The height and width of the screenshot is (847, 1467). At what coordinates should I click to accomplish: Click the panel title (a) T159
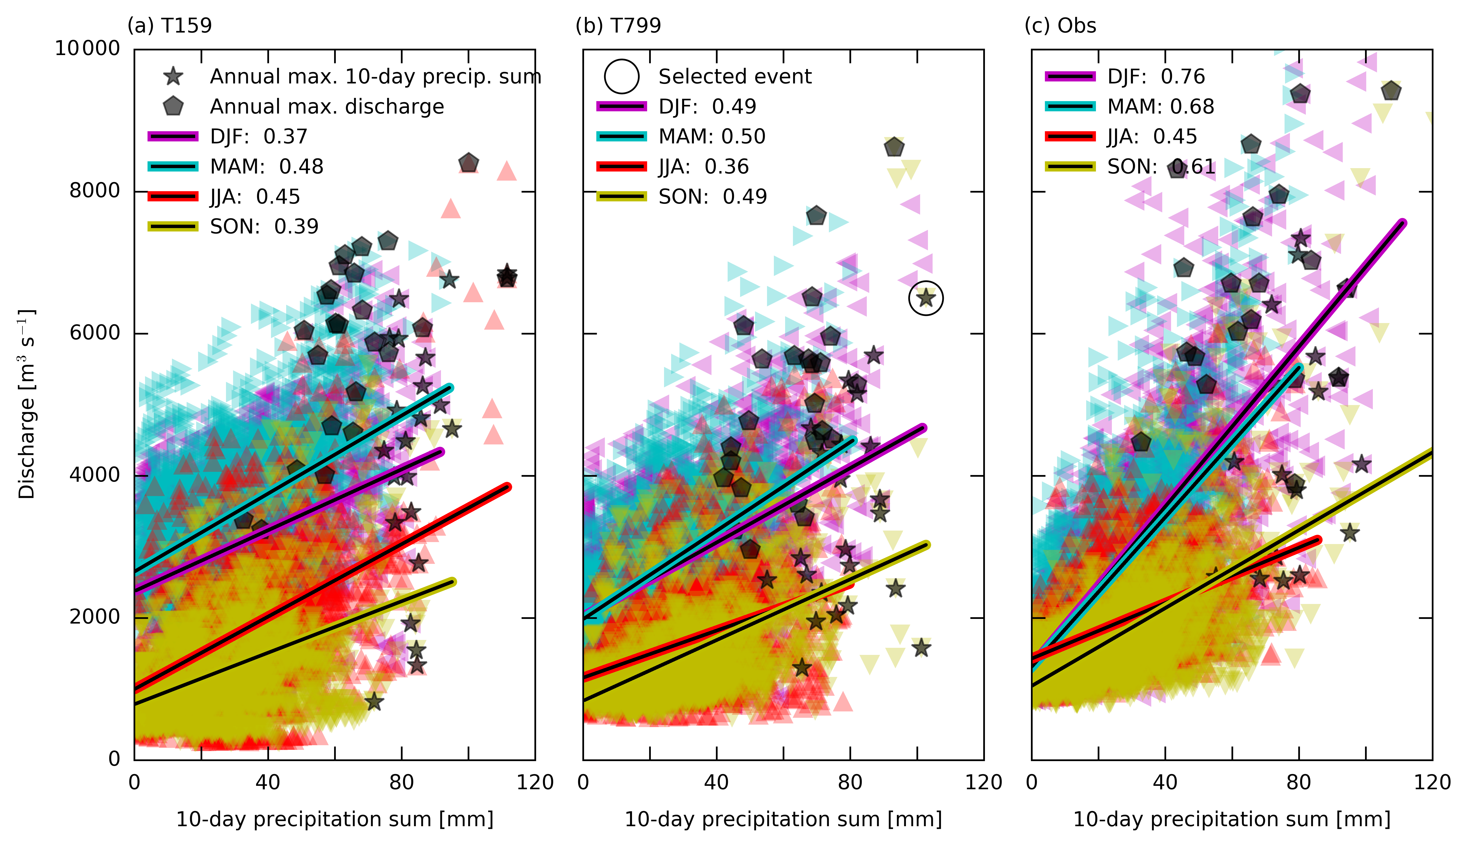point(170,26)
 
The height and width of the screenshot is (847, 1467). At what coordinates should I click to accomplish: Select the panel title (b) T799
point(618,26)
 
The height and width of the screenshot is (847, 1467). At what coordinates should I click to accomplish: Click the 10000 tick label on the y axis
point(87,48)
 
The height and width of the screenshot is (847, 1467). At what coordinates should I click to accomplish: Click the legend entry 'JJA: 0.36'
point(703,167)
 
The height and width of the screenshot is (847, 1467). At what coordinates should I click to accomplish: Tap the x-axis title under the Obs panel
point(1232,819)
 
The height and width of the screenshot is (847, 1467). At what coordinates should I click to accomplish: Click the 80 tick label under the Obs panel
point(1298,782)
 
